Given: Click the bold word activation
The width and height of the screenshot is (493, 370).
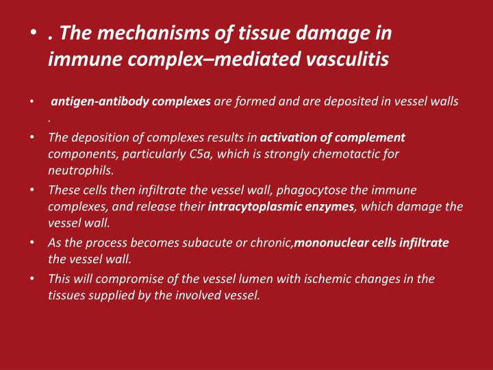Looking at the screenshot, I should tap(290, 137).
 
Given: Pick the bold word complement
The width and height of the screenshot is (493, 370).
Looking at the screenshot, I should tap(370, 137).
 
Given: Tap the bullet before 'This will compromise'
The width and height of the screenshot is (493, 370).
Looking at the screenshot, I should tap(33, 278).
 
